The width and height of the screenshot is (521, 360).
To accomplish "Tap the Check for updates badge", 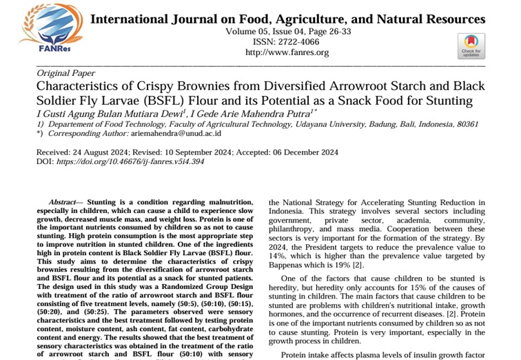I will [471, 45].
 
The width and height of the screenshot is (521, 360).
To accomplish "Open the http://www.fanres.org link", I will [287, 52].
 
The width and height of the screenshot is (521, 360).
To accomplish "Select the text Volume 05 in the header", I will [248, 31].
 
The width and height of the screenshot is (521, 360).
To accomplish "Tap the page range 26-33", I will [338, 31].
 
